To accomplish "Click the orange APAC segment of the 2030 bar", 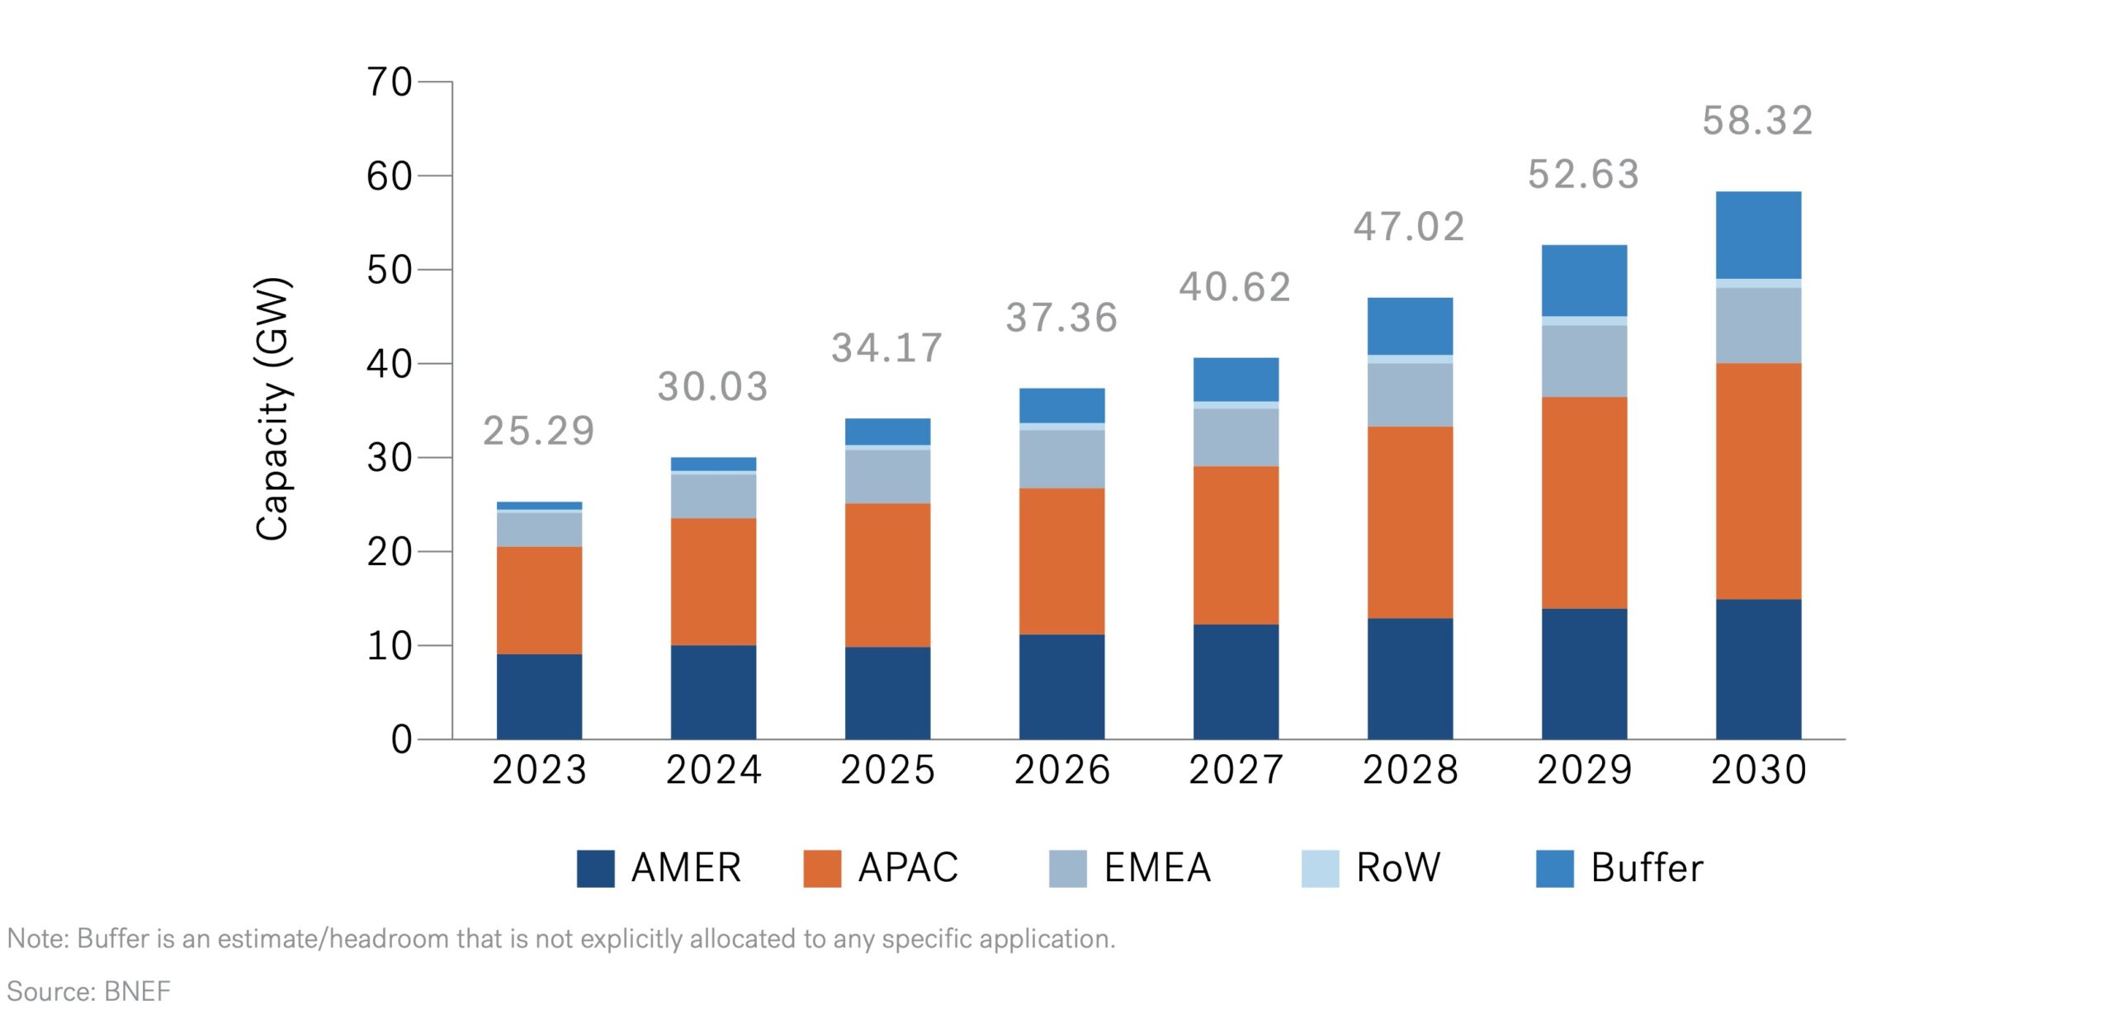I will pos(1758,481).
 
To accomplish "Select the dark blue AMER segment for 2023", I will pos(539,696).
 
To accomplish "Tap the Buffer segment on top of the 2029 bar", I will pos(1584,280).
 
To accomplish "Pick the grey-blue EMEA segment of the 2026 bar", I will pos(1061,459).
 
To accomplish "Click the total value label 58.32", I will pos(1757,121).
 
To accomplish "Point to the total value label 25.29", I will pos(538,431).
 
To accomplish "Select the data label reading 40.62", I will pos(1235,287).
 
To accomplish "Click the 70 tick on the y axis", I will pos(390,83).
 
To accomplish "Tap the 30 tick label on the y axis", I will pos(390,458).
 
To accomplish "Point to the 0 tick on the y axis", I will pos(401,739).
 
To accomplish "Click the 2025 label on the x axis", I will pos(887,770).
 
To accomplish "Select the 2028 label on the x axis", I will pos(1410,770).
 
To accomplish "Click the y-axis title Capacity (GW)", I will pos(272,409).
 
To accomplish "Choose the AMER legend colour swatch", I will pos(595,868).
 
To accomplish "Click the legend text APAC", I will pos(908,868).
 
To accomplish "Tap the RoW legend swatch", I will pos(1320,868).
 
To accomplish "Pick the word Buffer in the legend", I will pos(1647,868).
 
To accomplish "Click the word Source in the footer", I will pos(49,990).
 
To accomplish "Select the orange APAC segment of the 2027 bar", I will pos(1236,545).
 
